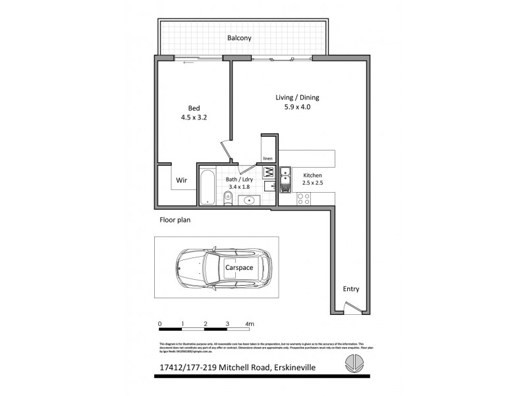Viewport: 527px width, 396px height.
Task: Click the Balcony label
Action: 239,38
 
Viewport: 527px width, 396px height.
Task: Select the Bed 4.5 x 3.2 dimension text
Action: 194,118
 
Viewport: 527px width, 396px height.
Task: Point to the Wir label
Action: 182,180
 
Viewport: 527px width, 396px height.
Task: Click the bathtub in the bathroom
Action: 207,186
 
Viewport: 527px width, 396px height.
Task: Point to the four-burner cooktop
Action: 304,199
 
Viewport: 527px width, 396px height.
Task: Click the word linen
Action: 267,159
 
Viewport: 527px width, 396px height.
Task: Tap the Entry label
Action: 350,289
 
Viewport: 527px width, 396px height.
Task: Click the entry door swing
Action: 353,307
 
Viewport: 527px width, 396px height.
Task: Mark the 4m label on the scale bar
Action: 249,323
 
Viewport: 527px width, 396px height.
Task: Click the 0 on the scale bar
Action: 160,323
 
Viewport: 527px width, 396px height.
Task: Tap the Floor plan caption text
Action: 175,220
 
